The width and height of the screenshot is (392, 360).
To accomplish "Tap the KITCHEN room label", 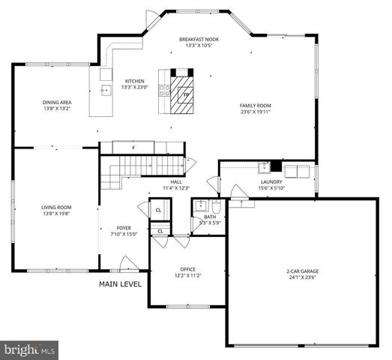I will click(x=134, y=81).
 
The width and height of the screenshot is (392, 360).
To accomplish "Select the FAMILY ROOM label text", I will click(x=255, y=106).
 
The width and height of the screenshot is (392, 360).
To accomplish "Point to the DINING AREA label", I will click(x=56, y=104).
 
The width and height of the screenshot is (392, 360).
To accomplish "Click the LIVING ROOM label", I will click(x=56, y=208).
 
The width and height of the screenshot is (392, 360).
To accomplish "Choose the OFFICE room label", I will click(x=187, y=269).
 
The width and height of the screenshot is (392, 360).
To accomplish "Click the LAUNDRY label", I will click(x=271, y=181).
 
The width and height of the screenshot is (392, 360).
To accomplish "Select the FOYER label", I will click(x=124, y=227).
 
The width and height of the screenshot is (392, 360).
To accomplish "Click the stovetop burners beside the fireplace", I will click(x=163, y=90).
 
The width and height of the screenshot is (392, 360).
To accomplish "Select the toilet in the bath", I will click(x=216, y=205).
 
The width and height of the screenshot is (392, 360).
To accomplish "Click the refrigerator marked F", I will click(x=133, y=148).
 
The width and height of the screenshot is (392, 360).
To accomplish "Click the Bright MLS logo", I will click(x=30, y=349).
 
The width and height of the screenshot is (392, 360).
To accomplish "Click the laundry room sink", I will click(x=264, y=167).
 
